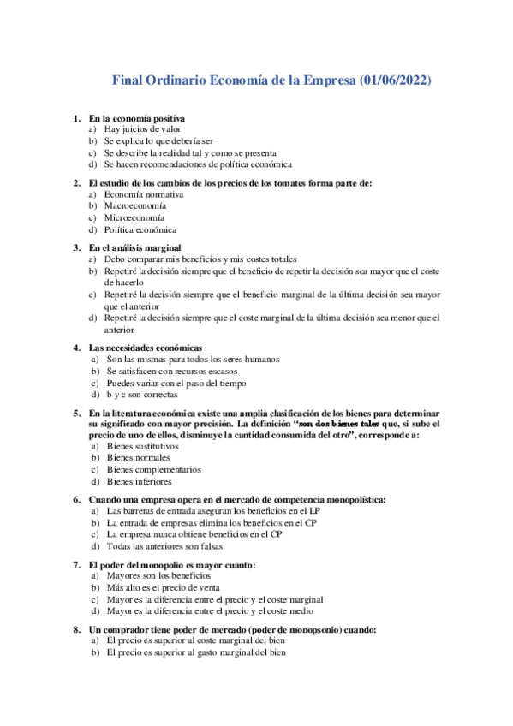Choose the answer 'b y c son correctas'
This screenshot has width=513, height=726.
pos(142,396)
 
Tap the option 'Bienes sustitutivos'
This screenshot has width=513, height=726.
pos(143,446)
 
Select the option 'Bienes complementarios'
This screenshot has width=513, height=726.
pos(154,469)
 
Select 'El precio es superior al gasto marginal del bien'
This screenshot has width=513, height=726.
pos(196,653)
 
